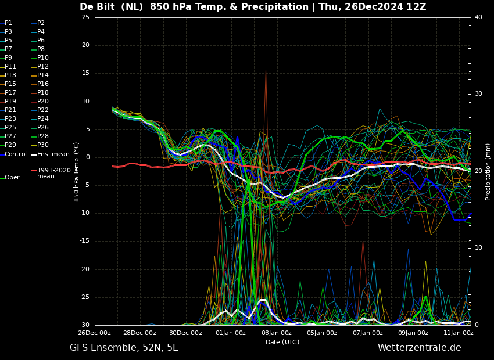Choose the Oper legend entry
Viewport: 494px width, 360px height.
[10, 178]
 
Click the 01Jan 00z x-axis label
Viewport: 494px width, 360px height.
[231, 333]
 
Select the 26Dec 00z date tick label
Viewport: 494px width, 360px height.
[95, 333]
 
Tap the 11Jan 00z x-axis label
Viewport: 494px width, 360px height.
[458, 333]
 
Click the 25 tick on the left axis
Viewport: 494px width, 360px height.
[85, 17]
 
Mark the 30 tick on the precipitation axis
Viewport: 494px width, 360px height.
[478, 94]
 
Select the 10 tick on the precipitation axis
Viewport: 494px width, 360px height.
[478, 248]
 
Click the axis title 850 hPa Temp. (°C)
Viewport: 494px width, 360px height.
[76, 172]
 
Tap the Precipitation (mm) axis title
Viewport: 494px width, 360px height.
[488, 171]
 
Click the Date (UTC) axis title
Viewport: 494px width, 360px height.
[282, 342]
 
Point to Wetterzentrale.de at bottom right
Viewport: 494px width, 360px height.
[420, 348]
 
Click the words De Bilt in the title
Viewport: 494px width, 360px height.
[98, 6]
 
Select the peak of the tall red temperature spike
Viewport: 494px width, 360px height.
[266, 70]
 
